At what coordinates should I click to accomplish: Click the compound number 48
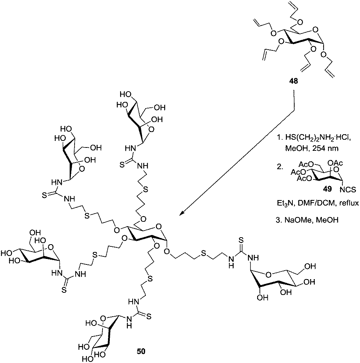[x=294, y=81]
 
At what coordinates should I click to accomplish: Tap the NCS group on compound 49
[x=348, y=190]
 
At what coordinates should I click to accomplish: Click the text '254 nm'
[x=325, y=148]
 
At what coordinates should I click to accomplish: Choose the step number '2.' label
[x=280, y=167]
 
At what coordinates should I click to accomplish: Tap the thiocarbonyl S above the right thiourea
[x=241, y=239]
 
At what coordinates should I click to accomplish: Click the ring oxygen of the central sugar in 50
[x=158, y=226]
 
